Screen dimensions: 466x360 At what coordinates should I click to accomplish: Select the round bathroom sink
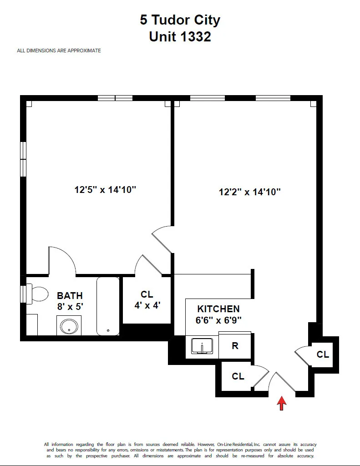69,326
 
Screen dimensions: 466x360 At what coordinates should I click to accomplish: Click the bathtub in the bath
108,306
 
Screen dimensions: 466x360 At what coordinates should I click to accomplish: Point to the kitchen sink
202,346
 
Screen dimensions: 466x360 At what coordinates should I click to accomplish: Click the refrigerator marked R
235,346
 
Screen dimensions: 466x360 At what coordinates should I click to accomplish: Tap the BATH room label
70,296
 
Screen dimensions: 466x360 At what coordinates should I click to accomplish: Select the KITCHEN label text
218,309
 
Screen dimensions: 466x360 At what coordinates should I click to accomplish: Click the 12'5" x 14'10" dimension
106,190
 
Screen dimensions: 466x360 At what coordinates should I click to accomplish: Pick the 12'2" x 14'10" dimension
249,192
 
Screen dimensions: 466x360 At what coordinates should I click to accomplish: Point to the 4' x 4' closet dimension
147,305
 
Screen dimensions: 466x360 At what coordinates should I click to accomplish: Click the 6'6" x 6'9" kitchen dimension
218,320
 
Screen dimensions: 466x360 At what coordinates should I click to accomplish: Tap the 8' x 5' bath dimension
70,307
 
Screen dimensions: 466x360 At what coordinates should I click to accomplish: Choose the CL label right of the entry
323,354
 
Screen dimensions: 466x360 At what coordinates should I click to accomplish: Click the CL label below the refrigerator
238,376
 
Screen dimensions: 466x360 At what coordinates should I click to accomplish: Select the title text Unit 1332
180,36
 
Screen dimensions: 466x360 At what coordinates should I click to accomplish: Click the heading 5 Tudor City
180,20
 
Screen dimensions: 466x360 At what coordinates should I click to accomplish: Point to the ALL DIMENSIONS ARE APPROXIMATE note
59,51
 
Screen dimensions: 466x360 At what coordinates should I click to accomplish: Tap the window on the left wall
23,159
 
